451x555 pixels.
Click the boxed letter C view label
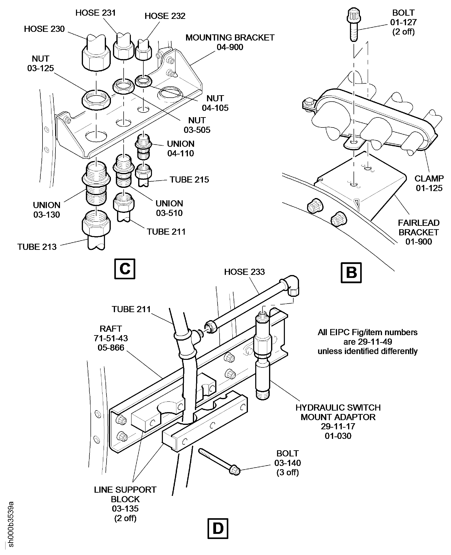tap(125, 269)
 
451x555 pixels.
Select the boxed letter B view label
tap(351, 273)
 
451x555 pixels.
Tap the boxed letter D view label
tap(218, 528)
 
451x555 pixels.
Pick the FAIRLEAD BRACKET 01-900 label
tap(418, 232)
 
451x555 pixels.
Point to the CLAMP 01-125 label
tap(429, 183)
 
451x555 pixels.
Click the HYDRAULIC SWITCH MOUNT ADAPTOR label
tap(338, 421)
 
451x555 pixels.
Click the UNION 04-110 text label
tap(181, 148)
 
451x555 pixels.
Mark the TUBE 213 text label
tap(37, 247)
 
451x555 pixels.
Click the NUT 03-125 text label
tap(41, 63)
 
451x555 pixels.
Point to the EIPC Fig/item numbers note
tap(367, 341)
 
